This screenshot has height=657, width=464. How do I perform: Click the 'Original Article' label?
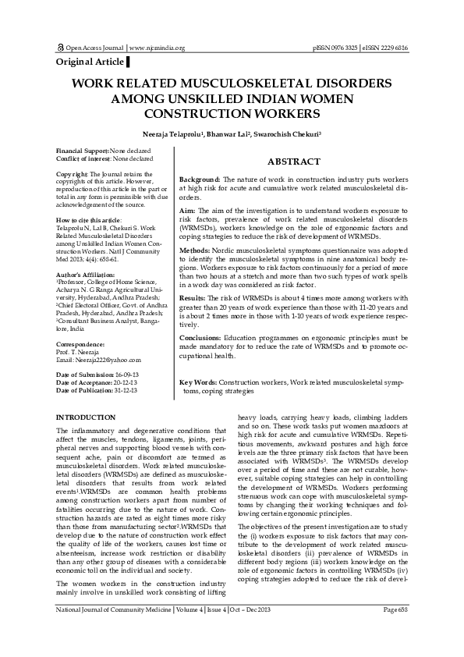pyautogui.click(x=90, y=61)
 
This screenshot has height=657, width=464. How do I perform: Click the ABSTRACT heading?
pyautogui.click(x=293, y=162)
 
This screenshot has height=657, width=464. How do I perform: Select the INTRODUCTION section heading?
pyautogui.click(x=87, y=417)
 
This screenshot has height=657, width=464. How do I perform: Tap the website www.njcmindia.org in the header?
pyautogui.click(x=157, y=48)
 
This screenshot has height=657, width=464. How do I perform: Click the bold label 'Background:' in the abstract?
pyautogui.click(x=200, y=179)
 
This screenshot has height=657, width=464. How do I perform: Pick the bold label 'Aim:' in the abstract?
pyautogui.click(x=187, y=211)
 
